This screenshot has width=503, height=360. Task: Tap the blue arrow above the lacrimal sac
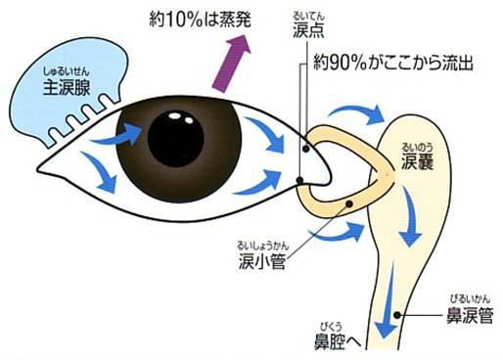tap(372, 116)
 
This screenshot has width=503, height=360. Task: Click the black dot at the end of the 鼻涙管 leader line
tap(398, 315)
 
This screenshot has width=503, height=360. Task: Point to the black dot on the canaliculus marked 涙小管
tap(351, 203)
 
